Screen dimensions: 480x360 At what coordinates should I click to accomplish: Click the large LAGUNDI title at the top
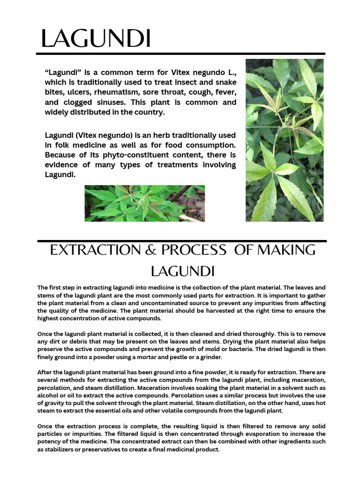coord(96,38)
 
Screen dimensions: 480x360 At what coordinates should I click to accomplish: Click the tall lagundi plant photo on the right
coord(285,140)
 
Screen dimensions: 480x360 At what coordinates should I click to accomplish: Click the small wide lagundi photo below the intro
coord(144,203)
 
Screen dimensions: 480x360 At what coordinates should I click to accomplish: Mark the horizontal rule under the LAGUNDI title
coord(180,54)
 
